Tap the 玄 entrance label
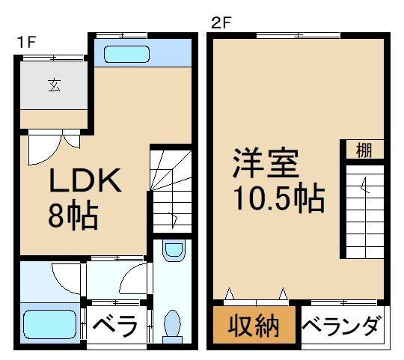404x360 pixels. point(55,85)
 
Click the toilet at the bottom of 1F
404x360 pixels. point(172,326)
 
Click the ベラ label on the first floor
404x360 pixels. point(116,327)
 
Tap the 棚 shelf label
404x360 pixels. point(364,150)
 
